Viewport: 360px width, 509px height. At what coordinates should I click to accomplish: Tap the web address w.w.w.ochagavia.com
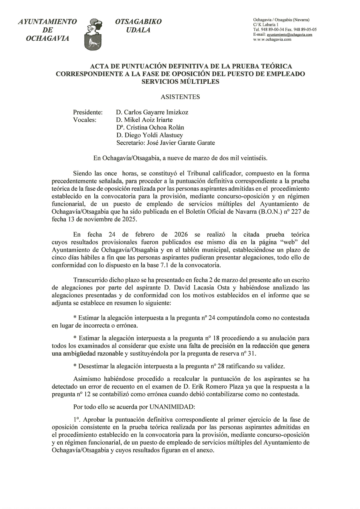tap(272, 39)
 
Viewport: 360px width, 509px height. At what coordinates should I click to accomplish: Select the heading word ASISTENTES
tap(180, 97)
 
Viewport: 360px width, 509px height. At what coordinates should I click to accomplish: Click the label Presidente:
tap(88, 112)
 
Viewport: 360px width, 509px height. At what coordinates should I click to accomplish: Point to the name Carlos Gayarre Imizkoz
tap(156, 112)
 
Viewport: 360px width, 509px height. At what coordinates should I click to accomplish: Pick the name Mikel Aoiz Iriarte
tap(148, 120)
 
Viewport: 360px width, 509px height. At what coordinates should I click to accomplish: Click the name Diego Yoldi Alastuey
tap(154, 135)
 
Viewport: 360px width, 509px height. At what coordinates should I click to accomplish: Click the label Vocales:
tap(84, 120)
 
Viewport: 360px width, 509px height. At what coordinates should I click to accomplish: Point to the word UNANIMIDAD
tap(172, 407)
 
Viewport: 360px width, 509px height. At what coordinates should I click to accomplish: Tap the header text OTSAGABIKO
tap(138, 22)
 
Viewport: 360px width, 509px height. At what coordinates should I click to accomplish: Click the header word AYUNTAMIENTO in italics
tap(47, 22)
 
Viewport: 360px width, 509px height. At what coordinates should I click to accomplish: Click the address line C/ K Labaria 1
tap(266, 25)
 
